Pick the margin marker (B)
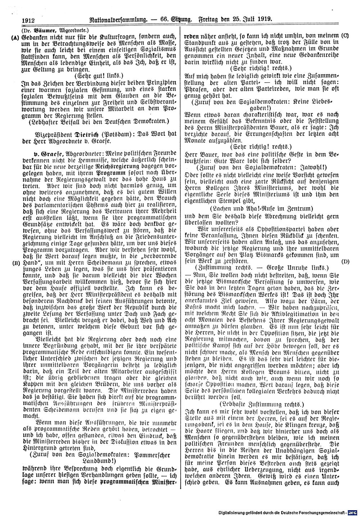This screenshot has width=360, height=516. point(15,262)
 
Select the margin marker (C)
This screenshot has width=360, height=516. point(345,36)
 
